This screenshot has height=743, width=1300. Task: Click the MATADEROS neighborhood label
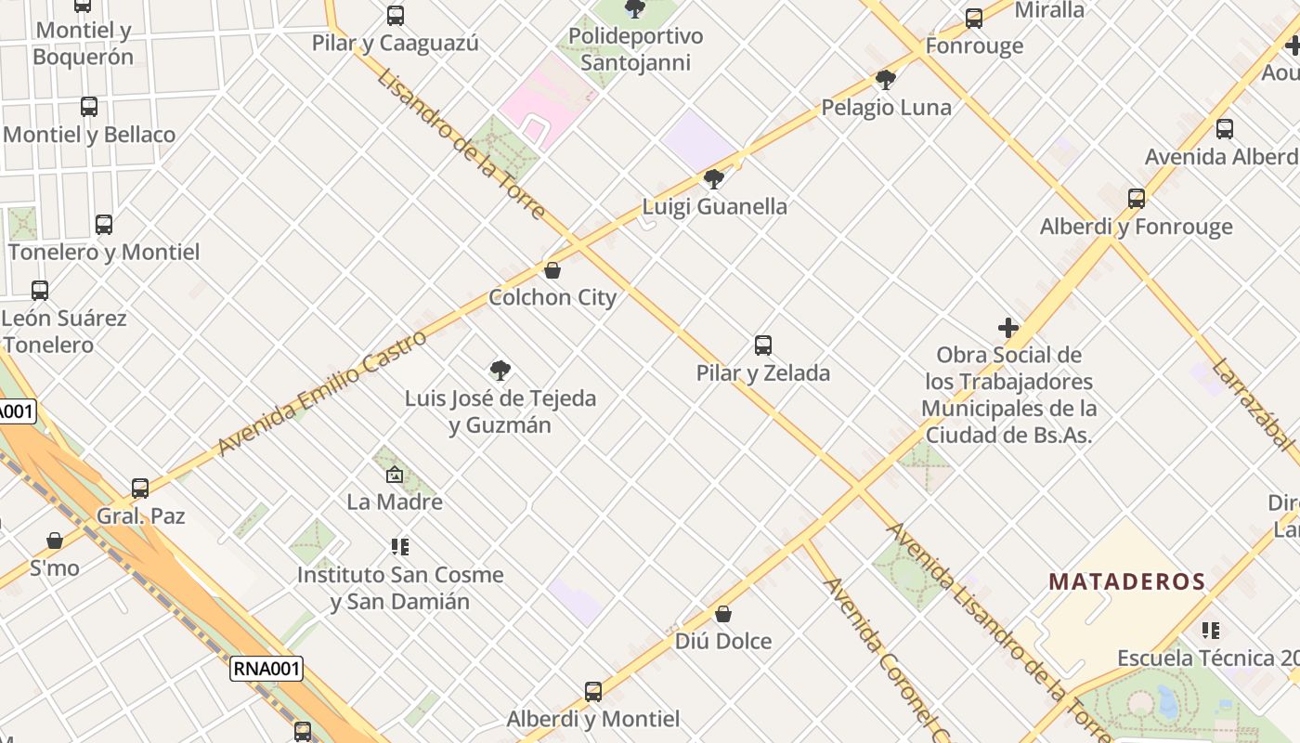(1126, 582)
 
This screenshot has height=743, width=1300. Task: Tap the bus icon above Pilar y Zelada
(763, 345)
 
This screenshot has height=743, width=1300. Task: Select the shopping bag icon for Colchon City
(552, 270)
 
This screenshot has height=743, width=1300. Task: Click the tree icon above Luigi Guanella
(714, 178)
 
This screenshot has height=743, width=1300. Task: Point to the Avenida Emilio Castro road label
(322, 393)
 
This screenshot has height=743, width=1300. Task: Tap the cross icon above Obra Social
(1008, 328)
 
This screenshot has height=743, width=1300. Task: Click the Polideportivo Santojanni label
(636, 49)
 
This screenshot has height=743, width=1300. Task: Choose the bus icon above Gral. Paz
(140, 488)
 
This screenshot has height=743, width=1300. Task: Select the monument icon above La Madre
(395, 475)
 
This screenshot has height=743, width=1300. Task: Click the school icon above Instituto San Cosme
(400, 547)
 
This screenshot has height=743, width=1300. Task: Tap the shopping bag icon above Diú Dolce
(723, 614)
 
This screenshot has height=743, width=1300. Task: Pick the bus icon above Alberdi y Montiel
(593, 691)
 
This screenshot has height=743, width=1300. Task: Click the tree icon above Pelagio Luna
(886, 80)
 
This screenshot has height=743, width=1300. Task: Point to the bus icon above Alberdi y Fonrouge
(1137, 198)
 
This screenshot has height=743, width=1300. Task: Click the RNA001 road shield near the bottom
(266, 669)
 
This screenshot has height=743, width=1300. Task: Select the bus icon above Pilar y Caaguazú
(396, 15)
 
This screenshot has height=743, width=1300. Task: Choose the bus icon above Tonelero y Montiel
(104, 224)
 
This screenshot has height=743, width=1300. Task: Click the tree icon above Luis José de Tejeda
(500, 371)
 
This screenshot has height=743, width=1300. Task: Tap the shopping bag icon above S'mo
(55, 540)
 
